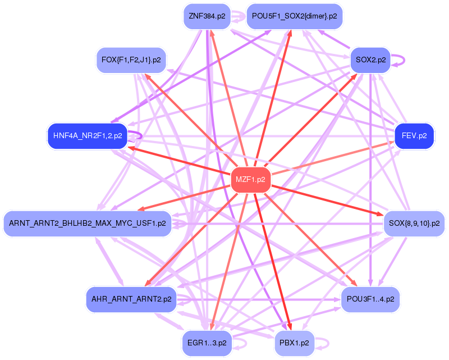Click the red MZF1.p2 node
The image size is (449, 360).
pos(250,179)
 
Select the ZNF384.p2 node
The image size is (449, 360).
pos(207,16)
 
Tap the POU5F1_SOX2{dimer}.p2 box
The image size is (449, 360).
pos(294,16)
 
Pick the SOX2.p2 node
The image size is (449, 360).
pos(370,60)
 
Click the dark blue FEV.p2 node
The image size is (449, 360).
pos(414,136)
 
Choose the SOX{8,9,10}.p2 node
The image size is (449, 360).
pos(414,224)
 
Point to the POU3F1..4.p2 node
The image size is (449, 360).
pos(370,299)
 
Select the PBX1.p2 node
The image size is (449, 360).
pos(294,343)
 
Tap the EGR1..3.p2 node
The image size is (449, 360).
pos(207,343)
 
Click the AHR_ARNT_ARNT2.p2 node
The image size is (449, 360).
pos(131,299)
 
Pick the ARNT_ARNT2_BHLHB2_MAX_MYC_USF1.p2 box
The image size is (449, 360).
pos(88,224)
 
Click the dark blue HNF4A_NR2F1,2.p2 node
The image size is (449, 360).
pos(88,136)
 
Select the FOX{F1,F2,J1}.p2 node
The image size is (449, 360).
pos(131,60)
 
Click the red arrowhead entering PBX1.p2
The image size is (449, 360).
pos(290,327)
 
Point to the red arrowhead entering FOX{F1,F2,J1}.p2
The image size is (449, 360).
pos(147,76)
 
